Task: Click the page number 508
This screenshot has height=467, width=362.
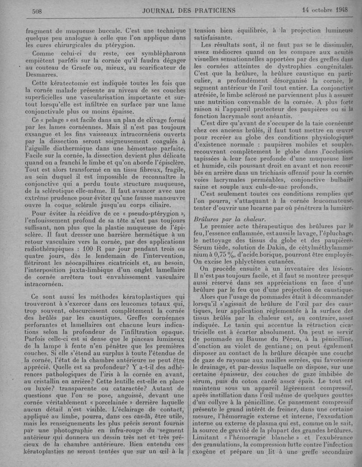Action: point(35,11)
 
